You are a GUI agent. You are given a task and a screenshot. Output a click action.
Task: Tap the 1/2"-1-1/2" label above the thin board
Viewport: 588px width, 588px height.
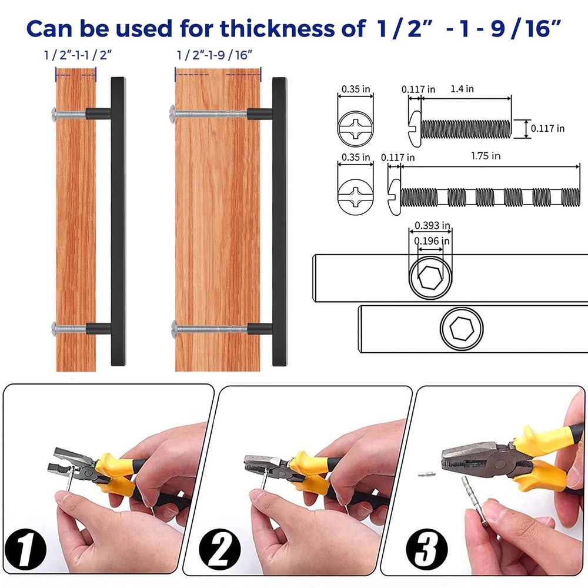pos(78,55)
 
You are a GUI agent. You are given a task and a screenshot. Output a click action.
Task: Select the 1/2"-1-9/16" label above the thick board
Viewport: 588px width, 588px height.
pos(215,55)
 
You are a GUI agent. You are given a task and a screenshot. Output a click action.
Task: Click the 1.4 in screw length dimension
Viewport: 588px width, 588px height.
pos(462,89)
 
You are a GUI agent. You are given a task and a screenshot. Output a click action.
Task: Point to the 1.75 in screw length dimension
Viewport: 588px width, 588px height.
pos(486,156)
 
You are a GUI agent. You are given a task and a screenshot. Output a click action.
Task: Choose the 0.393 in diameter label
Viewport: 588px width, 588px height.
pos(432,226)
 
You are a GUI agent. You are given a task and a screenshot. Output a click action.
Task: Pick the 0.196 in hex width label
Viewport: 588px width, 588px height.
pos(432,240)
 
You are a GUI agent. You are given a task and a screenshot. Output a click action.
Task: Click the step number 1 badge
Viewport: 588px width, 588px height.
pos(25,550)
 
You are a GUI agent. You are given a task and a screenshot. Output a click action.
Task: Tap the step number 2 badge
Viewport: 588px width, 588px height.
pos(220,550)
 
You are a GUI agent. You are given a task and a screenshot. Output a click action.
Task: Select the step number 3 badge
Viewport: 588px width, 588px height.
pos(427,550)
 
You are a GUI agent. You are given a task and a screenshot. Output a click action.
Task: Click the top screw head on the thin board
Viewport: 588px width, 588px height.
pos(54,114)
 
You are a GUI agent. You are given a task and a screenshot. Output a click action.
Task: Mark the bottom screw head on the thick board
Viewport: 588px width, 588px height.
pos(174,329)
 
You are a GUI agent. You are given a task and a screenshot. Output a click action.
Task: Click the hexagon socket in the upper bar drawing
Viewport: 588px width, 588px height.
pos(430,278)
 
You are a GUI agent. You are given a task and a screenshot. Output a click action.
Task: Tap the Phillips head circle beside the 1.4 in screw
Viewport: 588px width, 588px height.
pos(356,129)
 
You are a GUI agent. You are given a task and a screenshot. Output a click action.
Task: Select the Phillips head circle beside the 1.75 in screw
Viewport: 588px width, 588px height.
pos(356,197)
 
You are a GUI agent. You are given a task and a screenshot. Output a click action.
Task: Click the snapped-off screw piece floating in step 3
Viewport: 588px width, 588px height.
pos(427,475)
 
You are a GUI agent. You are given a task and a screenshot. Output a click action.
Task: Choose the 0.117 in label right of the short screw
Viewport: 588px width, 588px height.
pos(547,129)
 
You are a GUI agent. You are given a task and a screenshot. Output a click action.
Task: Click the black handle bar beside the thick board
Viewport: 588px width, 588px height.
pos(279,222)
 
